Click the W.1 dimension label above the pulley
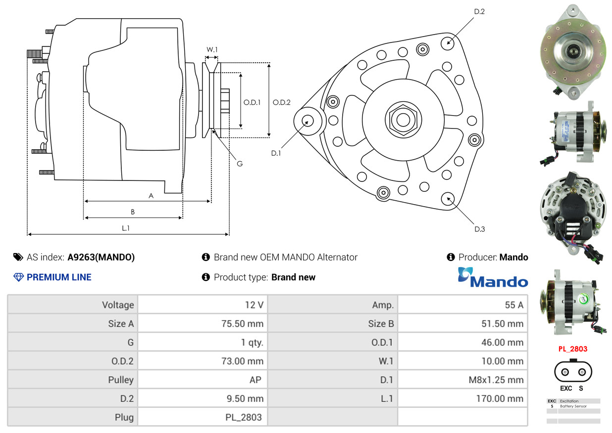click(212, 49)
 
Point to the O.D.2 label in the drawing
click(281, 102)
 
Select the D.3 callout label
click(479, 229)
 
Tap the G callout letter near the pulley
click(240, 164)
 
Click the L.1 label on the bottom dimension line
click(126, 228)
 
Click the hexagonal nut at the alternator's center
click(403, 120)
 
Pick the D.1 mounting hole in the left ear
click(307, 121)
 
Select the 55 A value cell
click(514, 305)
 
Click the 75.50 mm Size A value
click(242, 324)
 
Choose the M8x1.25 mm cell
click(496, 380)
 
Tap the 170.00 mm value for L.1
click(500, 398)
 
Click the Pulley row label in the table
click(121, 380)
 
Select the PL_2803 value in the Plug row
click(244, 417)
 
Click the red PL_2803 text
click(573, 349)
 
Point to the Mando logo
click(493, 278)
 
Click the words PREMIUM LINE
click(59, 277)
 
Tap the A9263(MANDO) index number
click(101, 257)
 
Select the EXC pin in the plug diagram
click(565, 372)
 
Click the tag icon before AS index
click(18, 257)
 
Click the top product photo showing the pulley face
click(573, 51)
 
